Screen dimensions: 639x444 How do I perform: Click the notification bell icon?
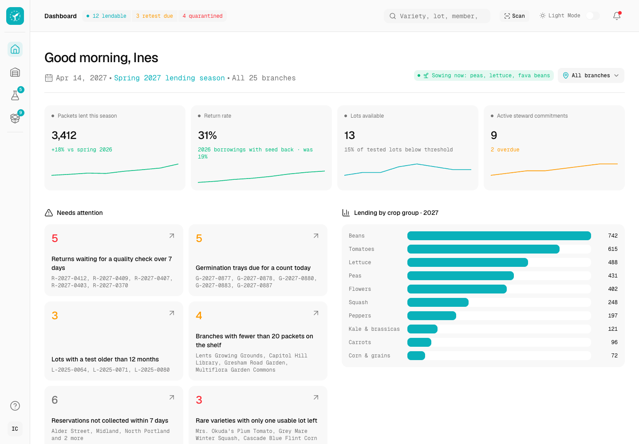[x=617, y=16]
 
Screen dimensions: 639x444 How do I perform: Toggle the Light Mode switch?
[x=592, y=16]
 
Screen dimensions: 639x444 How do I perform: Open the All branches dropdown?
[x=591, y=75]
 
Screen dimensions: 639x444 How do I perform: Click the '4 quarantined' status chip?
[x=202, y=16]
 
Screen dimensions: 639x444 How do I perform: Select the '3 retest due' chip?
[x=154, y=16]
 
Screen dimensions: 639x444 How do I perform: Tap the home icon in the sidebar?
[x=15, y=49]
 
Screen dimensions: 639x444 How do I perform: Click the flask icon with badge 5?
[x=15, y=95]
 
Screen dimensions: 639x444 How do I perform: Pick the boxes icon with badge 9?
[x=15, y=118]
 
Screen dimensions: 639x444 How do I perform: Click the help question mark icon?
[x=15, y=406]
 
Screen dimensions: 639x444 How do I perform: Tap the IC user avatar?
[x=15, y=429]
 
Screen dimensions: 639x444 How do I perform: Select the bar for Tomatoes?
[x=483, y=249]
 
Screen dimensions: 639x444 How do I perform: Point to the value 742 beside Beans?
[x=613, y=236]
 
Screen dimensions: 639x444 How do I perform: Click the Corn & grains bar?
[x=416, y=356]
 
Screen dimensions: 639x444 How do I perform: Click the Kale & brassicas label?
[x=374, y=329]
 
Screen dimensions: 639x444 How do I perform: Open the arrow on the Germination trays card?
[x=316, y=236]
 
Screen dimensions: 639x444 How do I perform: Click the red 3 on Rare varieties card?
[x=199, y=400]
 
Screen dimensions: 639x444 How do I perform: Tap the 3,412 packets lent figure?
[x=64, y=135]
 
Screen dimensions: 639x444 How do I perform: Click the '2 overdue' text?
[x=505, y=150]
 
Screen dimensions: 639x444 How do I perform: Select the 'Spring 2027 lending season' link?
[x=170, y=78]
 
